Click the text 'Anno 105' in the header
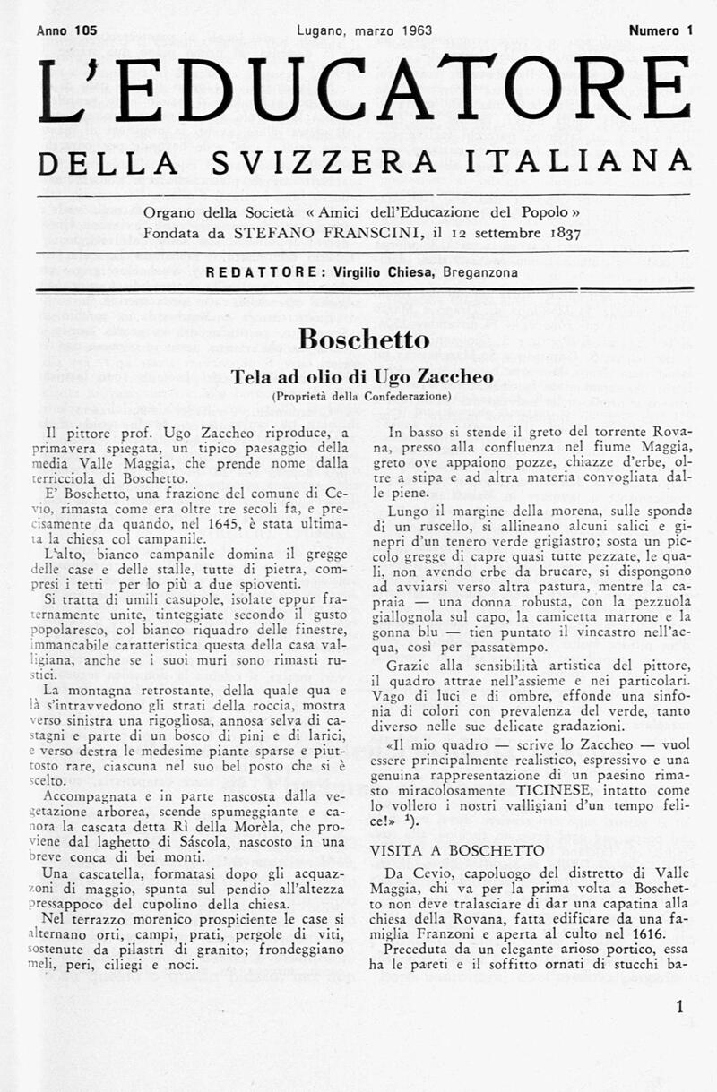pos(67,30)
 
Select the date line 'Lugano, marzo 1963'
pos(364,30)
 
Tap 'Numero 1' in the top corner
pos(661,30)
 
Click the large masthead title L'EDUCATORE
pos(364,90)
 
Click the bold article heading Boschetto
pos(363,339)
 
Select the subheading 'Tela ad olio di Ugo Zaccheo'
pos(363,377)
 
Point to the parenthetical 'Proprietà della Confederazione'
pos(363,396)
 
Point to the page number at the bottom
pos(679,1007)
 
